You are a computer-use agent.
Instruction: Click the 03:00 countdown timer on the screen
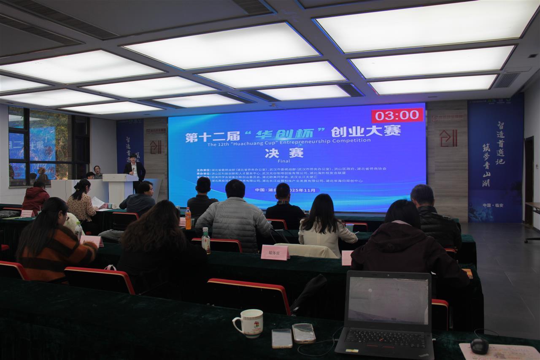pyautogui.click(x=397, y=115)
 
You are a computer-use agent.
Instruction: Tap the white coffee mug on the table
pyautogui.click(x=249, y=323)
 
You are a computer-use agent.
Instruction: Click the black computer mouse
pyautogui.click(x=479, y=346)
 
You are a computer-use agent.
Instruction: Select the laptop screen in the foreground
pyautogui.click(x=388, y=300)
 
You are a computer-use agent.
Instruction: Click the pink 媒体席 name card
pyautogui.click(x=275, y=252)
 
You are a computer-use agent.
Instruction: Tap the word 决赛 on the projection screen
pyautogui.click(x=278, y=153)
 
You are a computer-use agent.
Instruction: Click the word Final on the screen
pyautogui.click(x=278, y=161)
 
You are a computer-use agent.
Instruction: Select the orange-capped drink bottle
pyautogui.click(x=188, y=218)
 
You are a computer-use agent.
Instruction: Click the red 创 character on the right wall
pyautogui.click(x=448, y=138)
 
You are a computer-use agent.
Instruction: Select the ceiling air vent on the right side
pyautogui.click(x=506, y=80)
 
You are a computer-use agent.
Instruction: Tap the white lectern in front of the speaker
pyautogui.click(x=119, y=187)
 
